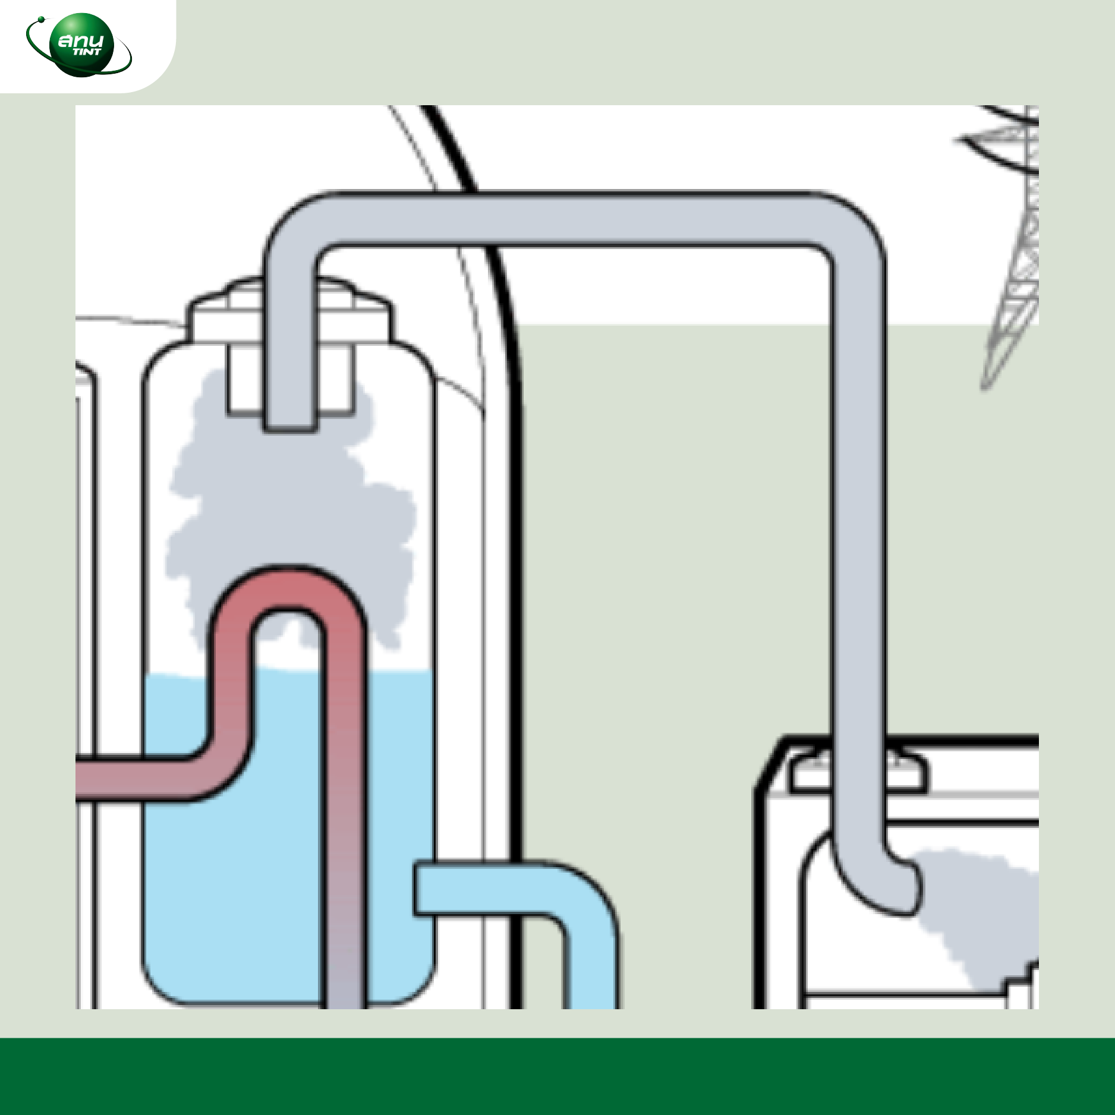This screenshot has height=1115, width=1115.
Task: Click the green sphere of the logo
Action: click(x=81, y=45)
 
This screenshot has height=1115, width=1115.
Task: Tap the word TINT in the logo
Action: click(x=87, y=52)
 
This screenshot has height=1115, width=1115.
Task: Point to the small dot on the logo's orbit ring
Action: click(x=41, y=20)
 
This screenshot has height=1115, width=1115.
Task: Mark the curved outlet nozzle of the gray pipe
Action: click(x=880, y=880)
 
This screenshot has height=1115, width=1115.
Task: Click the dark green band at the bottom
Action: click(x=557, y=1076)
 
